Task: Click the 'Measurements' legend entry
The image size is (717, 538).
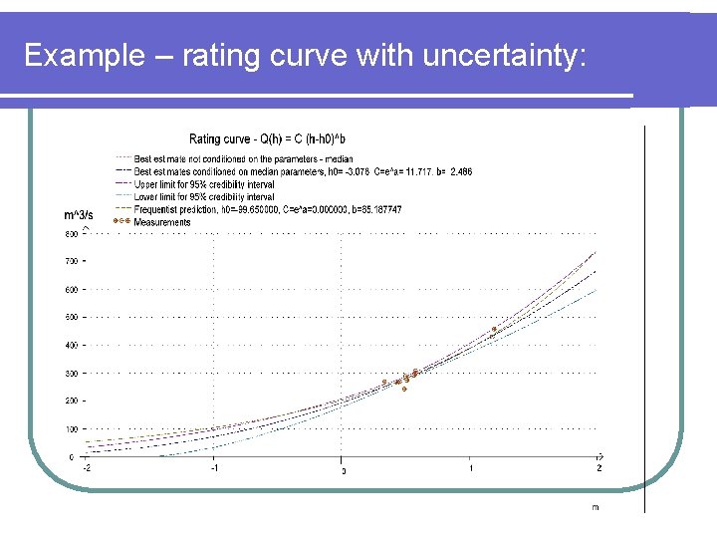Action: (x=161, y=222)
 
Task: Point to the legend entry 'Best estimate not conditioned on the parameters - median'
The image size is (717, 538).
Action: (x=236, y=158)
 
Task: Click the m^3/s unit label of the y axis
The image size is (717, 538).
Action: (x=79, y=214)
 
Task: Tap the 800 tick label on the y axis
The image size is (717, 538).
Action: (x=71, y=234)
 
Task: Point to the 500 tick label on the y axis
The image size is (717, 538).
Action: (x=71, y=317)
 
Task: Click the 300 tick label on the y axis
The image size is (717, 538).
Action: (x=71, y=373)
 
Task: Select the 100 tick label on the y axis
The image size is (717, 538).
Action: (x=71, y=428)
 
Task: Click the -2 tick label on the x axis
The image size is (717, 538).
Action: (x=87, y=466)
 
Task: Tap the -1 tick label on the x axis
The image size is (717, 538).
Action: (x=213, y=466)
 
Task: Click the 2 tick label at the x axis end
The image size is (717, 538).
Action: (x=598, y=466)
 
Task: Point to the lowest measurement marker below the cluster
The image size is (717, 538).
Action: (x=404, y=389)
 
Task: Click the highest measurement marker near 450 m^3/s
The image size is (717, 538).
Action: (x=494, y=329)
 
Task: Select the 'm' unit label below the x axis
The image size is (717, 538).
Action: (x=596, y=507)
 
